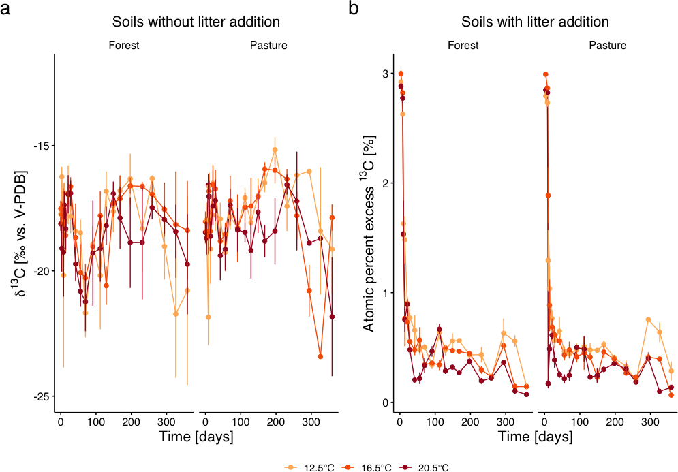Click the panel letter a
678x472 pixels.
click(x=5, y=9)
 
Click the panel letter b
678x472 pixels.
click(x=353, y=7)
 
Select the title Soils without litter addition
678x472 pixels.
click(x=196, y=22)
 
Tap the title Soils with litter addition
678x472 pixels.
click(x=535, y=22)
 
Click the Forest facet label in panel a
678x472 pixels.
click(x=124, y=46)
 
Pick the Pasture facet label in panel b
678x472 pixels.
click(x=608, y=46)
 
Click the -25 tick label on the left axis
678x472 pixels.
click(x=42, y=396)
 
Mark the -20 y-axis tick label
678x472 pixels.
click(x=42, y=271)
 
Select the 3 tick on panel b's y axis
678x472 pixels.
click(x=385, y=74)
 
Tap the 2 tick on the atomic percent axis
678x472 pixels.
click(x=385, y=183)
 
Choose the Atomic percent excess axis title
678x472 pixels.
click(x=368, y=234)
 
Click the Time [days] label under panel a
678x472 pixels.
click(x=196, y=436)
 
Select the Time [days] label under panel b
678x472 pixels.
click(x=536, y=436)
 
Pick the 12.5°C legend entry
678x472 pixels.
click(x=309, y=467)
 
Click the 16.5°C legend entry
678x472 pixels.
click(x=367, y=467)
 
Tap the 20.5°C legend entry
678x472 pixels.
click(x=424, y=467)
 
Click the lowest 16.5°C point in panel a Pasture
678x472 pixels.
click(x=320, y=357)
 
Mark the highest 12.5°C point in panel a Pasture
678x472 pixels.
click(x=275, y=150)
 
